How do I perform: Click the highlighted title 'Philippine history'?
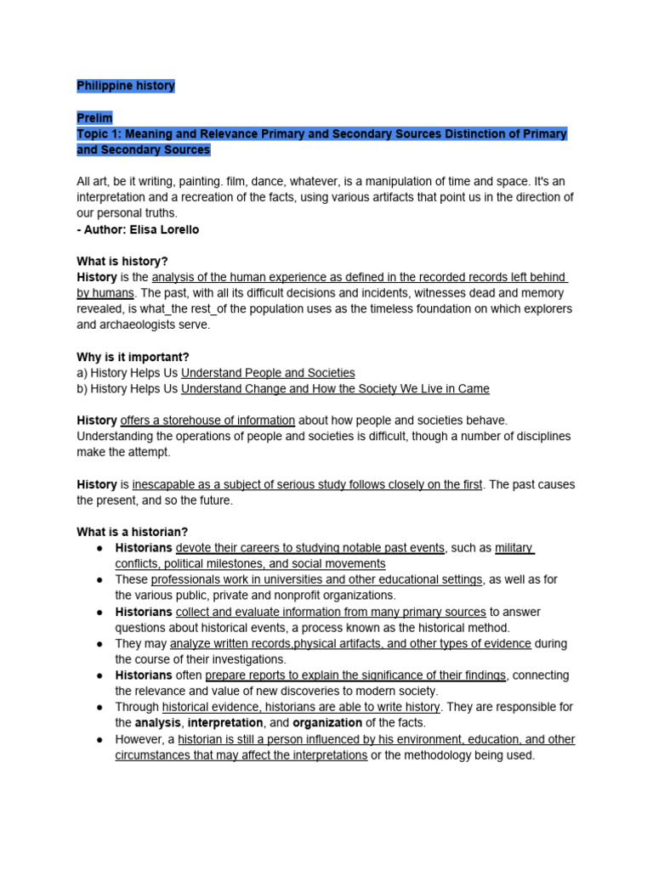point(125,86)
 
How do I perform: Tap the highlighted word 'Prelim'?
point(94,118)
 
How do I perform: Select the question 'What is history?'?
point(122,261)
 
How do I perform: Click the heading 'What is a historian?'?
point(132,532)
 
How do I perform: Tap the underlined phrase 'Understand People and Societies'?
point(268,373)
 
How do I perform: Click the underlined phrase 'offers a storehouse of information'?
point(207,421)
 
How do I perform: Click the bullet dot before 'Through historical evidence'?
point(99,707)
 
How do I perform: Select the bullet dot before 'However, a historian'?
point(99,739)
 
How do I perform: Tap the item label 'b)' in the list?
point(82,389)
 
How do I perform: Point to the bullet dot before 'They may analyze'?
point(99,644)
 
